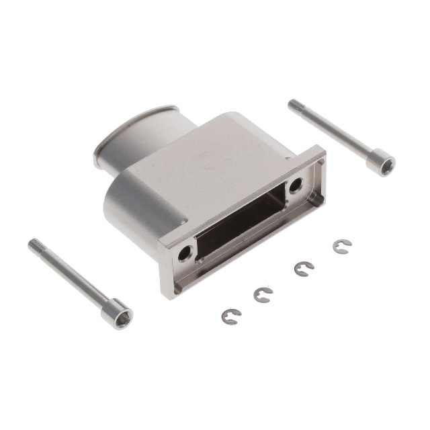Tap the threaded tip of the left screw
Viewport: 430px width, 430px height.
(x=35, y=245)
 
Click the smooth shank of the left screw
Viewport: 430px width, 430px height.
(x=74, y=279)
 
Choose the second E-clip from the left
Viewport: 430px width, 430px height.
(x=262, y=294)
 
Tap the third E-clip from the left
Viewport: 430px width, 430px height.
(x=303, y=269)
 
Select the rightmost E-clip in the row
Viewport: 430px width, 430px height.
(x=341, y=247)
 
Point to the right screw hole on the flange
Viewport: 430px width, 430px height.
(x=296, y=187)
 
